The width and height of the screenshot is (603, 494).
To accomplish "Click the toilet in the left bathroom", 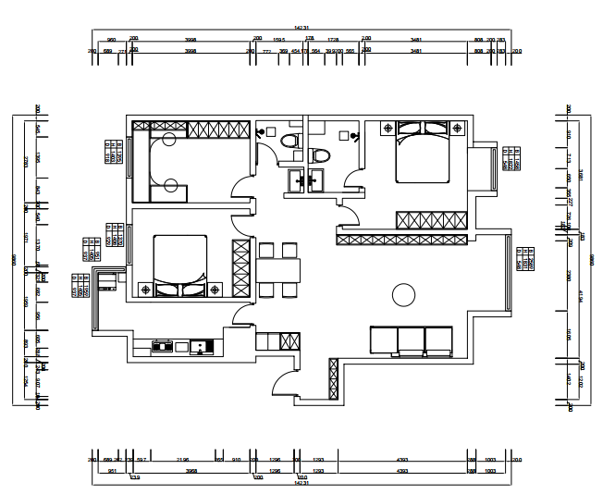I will [x=289, y=142].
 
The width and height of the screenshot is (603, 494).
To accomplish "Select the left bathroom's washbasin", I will [x=296, y=179].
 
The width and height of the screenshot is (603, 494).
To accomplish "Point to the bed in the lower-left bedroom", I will [x=178, y=266].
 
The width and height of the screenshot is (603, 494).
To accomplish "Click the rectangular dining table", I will [x=277, y=270].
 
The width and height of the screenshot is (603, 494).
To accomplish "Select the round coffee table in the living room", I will [x=403, y=295].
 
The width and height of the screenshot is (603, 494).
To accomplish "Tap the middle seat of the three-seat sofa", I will [x=411, y=340].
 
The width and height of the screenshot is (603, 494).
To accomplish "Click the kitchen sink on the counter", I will [x=198, y=348].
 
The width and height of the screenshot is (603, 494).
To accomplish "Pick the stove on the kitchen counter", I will [x=163, y=348].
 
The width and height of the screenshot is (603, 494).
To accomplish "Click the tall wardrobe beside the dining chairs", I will [x=241, y=268].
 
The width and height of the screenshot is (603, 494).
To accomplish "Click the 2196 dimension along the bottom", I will [x=183, y=459].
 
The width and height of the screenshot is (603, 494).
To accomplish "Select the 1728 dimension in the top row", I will [x=334, y=40].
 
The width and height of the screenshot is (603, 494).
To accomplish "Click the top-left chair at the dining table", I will [x=266, y=250].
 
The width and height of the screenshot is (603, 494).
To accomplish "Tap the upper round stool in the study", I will [x=169, y=140].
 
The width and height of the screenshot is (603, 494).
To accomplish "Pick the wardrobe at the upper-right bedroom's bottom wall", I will [x=431, y=220].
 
